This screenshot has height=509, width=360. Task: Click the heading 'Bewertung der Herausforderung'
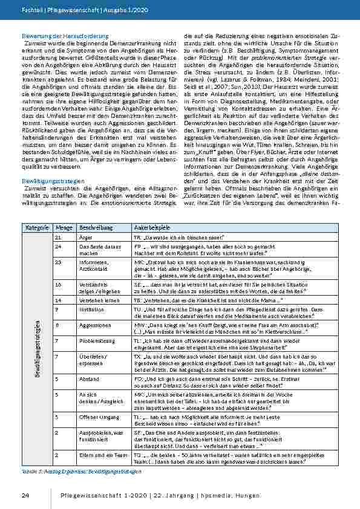[65, 37]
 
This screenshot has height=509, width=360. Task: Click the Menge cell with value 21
[58, 239]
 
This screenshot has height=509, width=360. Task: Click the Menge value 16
[58, 283]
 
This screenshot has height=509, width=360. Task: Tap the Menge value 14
[58, 299]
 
